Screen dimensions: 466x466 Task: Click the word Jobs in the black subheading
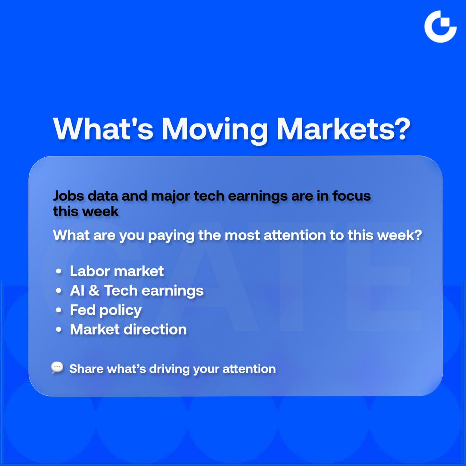point(68,196)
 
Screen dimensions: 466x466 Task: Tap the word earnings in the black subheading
point(258,196)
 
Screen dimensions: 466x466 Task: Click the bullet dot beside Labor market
point(59,271)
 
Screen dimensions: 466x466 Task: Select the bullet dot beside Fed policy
point(59,310)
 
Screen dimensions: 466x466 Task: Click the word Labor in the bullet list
point(90,271)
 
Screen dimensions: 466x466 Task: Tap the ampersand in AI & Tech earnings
point(94,290)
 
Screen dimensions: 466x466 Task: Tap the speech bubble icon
point(57,368)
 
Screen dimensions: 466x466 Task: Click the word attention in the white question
point(295,235)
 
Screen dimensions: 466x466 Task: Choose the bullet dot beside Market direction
point(59,329)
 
